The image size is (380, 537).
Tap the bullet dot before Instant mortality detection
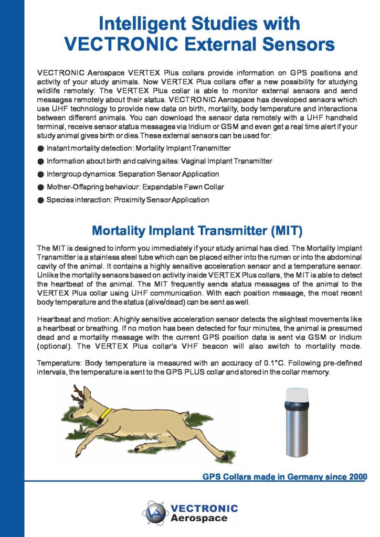40,149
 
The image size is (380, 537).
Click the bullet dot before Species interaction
40,200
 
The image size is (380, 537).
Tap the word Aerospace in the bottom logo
199,519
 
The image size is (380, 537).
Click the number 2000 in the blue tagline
355,477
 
